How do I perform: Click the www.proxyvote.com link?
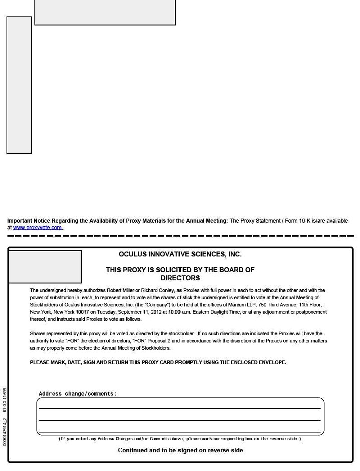(x=37, y=228)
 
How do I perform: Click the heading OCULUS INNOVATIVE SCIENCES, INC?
(x=180, y=254)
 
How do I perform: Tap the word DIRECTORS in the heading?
(x=180, y=278)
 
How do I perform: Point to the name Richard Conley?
(x=157, y=290)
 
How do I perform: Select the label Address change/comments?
(x=77, y=394)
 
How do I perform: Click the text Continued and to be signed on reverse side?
(x=180, y=450)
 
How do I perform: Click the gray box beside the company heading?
(x=45, y=267)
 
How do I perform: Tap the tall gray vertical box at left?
(x=19, y=85)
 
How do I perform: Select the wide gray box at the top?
(x=105, y=12)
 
